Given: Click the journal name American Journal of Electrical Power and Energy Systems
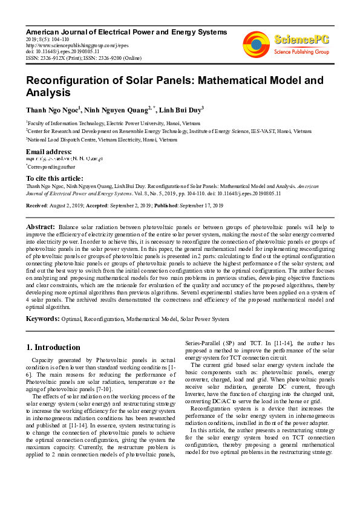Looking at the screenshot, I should pyautogui.click(x=126, y=31).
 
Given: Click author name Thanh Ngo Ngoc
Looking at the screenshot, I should pyautogui.click(x=51, y=110).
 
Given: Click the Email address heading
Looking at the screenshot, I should pyautogui.click(x=49, y=151).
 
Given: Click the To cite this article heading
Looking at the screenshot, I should pyautogui.click(x=54, y=178).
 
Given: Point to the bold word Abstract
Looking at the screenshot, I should pyautogui.click(x=41, y=225).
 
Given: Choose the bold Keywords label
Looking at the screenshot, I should pyautogui.click(x=42, y=317).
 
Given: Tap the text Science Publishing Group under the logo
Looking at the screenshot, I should pyautogui.click(x=301, y=53).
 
